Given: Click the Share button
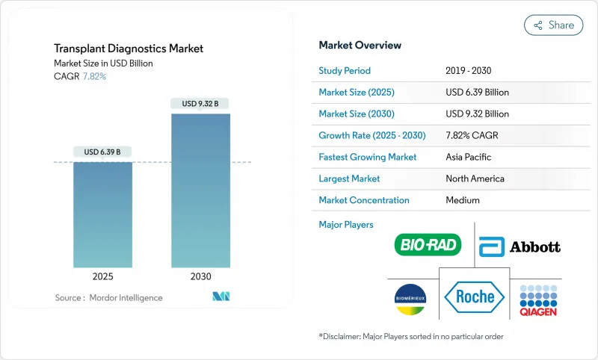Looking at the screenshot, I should pyautogui.click(x=553, y=25).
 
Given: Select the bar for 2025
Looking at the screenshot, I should pyautogui.click(x=102, y=214).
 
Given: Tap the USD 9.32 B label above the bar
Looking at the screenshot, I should pyautogui.click(x=200, y=104).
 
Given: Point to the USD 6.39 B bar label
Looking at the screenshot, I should pyautogui.click(x=102, y=152).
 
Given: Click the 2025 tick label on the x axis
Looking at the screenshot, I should pyautogui.click(x=102, y=276).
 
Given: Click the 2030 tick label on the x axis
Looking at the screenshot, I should pyautogui.click(x=200, y=276).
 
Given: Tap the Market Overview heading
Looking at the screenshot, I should pyautogui.click(x=360, y=46).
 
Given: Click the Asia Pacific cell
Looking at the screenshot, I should pyautogui.click(x=469, y=158).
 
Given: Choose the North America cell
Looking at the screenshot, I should pyautogui.click(x=475, y=179).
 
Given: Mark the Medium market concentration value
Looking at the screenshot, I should pyautogui.click(x=462, y=200).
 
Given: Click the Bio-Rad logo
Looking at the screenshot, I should pyautogui.click(x=428, y=244).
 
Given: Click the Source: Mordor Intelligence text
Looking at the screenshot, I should pyautogui.click(x=108, y=298).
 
